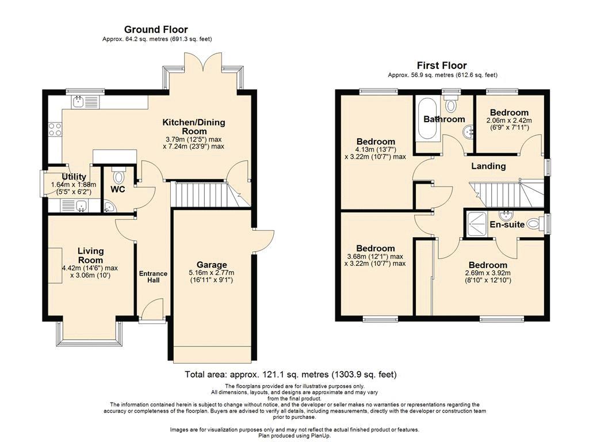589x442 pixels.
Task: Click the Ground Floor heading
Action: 156,29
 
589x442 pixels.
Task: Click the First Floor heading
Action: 442,66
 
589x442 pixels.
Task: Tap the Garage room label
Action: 212,265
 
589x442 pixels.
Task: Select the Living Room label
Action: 90,256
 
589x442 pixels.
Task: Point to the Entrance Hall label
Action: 153,277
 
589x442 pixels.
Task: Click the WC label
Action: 117,189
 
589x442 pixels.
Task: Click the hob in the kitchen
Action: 55,129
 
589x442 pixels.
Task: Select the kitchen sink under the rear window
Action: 85,101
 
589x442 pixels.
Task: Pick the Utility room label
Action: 74,177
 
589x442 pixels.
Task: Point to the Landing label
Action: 488,166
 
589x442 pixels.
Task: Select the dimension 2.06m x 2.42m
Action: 509,121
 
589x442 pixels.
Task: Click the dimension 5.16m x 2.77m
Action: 212,273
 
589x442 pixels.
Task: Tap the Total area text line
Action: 290,374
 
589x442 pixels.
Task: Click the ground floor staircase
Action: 210,194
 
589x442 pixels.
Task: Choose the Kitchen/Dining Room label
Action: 194,127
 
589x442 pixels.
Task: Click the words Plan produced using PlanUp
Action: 294,436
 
